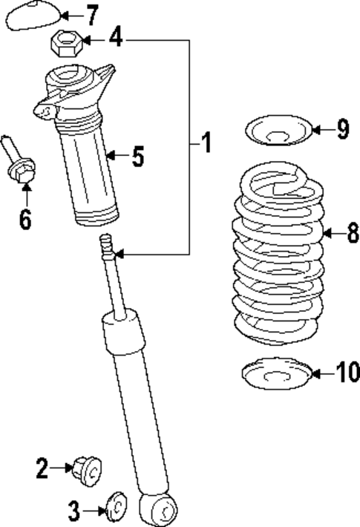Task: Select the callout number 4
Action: pos(115,37)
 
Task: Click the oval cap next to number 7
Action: pos(32,16)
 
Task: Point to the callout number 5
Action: pos(138,156)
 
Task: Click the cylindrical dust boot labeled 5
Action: pos(88,171)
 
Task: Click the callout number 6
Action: pos(25,220)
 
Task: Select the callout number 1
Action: pos(206,141)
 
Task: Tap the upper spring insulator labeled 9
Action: pos(275,131)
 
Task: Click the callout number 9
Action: pos(341,130)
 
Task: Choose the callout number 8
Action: pos(352,234)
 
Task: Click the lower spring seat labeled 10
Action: pos(275,374)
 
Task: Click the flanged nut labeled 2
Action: pos(89,470)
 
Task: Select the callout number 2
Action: pos(42,468)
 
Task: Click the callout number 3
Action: pos(73,510)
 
